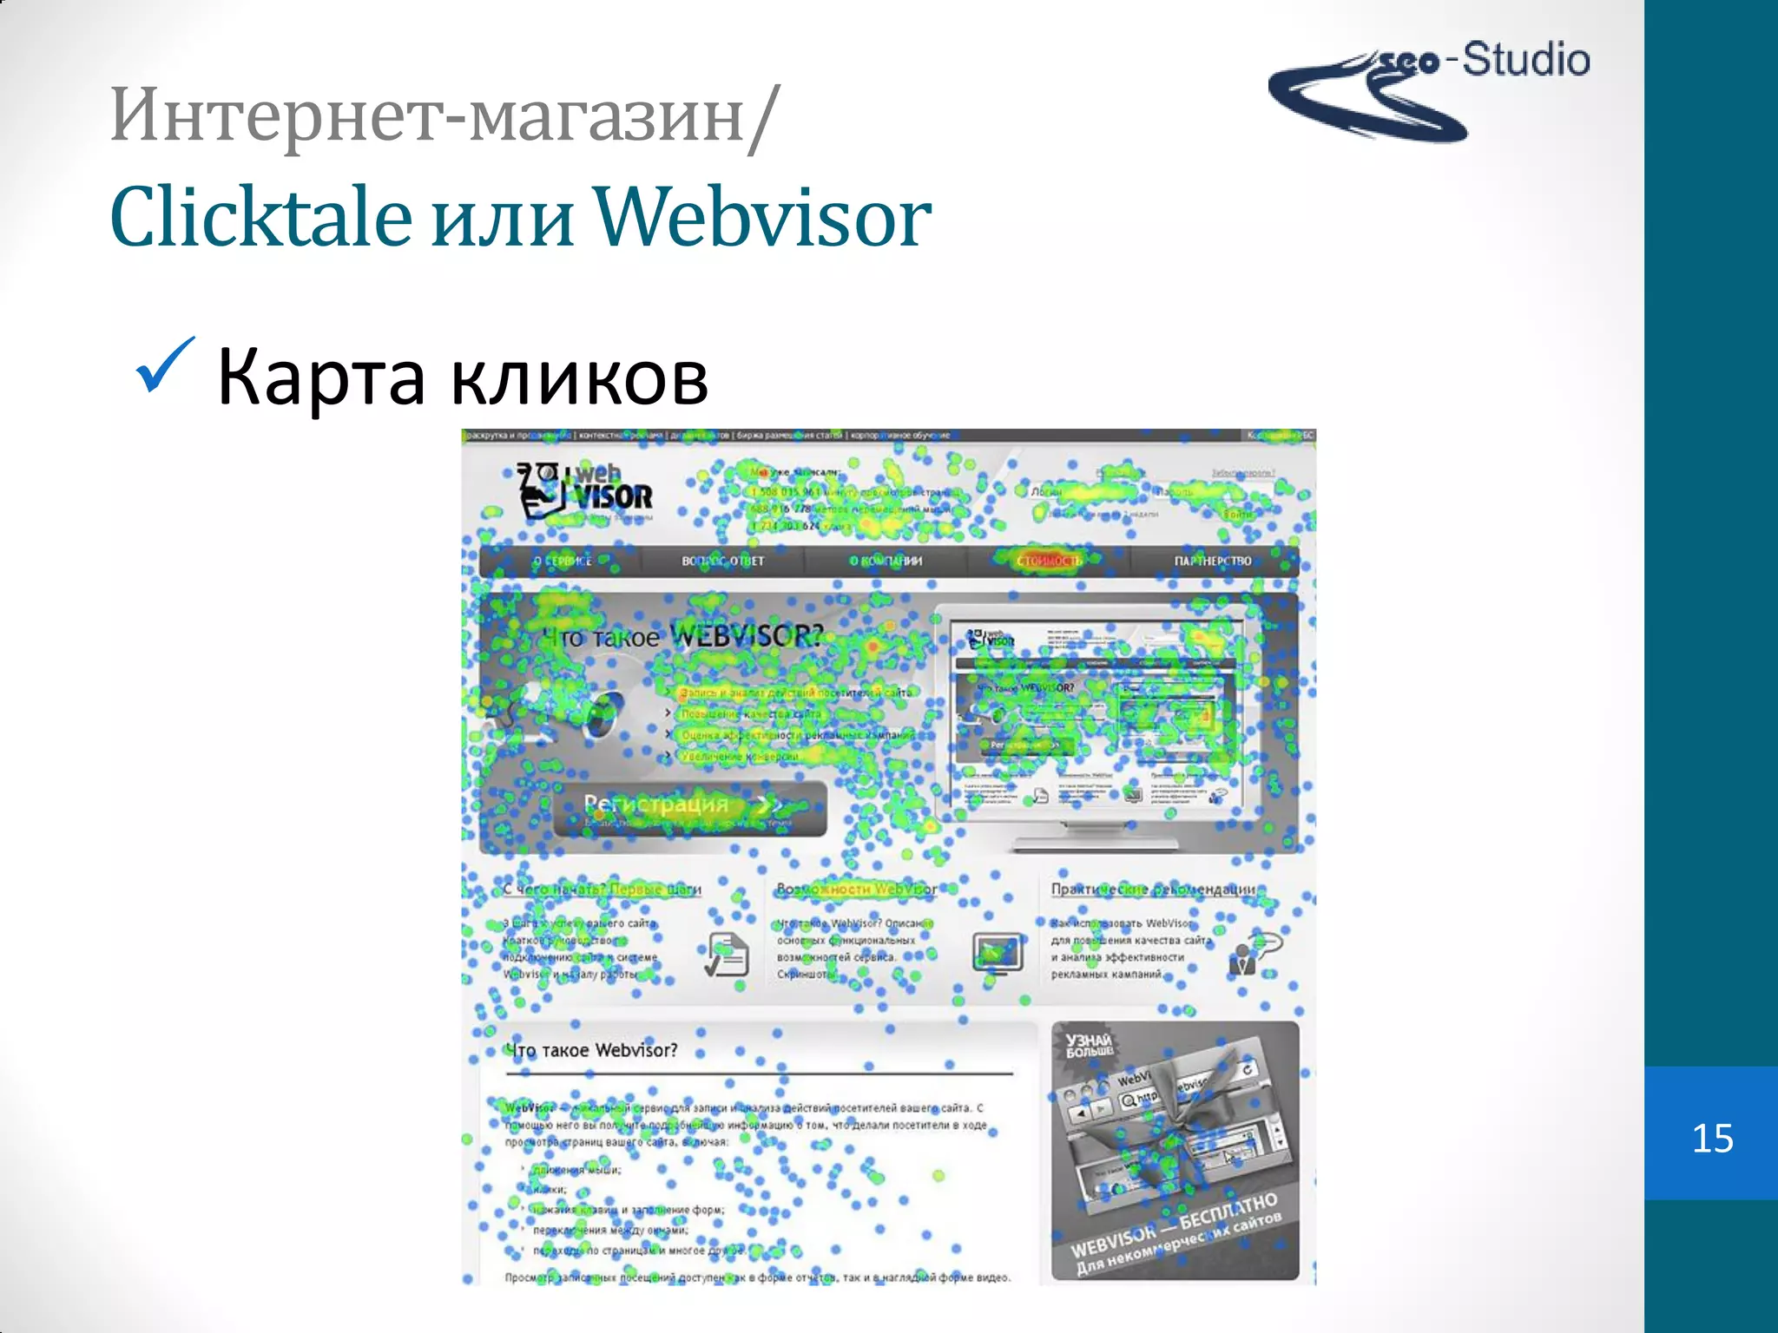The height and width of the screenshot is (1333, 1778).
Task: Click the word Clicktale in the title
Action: [x=260, y=217]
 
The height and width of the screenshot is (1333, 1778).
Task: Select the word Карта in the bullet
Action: [x=320, y=377]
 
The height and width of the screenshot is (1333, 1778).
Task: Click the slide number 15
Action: [x=1712, y=1138]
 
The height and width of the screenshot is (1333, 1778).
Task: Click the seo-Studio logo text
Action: [x=1485, y=61]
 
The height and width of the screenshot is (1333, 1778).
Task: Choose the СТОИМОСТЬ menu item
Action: [x=1049, y=561]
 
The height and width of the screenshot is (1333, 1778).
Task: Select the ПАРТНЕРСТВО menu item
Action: [x=1213, y=561]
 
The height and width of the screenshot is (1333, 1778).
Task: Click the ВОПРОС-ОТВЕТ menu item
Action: [x=722, y=561]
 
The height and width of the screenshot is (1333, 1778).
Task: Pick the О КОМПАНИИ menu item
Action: [x=886, y=561]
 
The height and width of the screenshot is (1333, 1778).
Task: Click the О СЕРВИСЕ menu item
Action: [x=562, y=561]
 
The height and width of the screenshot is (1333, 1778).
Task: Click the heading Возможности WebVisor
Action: [x=856, y=889]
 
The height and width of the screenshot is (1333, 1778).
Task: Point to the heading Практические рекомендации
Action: [x=1153, y=889]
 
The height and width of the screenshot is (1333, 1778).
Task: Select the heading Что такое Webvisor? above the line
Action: [x=592, y=1050]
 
